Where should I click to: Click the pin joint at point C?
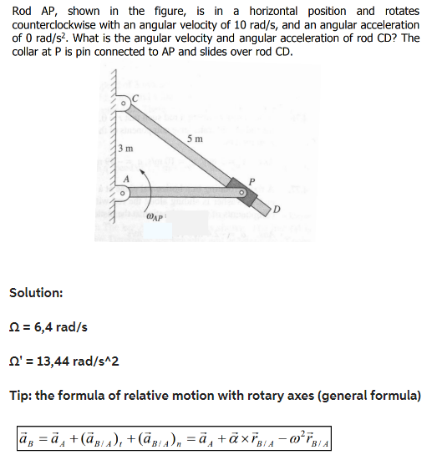[x=122, y=104]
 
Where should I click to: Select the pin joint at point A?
[x=123, y=194]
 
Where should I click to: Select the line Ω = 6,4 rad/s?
[x=48, y=326]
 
